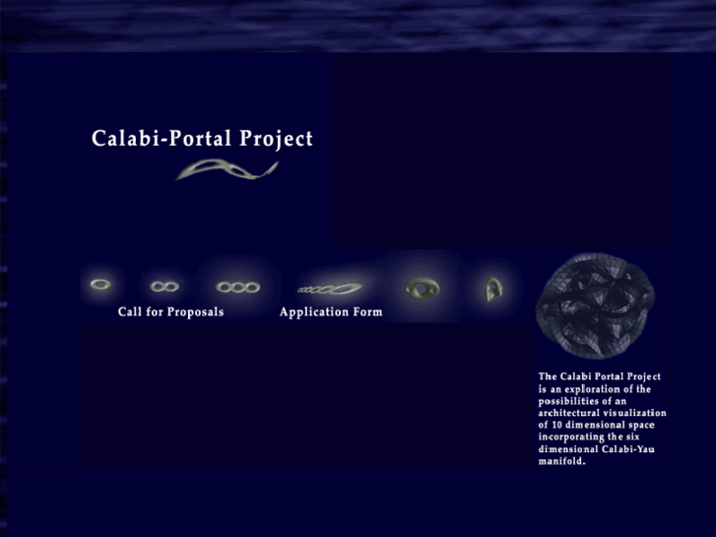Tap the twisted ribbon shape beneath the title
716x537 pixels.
coord(227,170)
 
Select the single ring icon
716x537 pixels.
coord(100,285)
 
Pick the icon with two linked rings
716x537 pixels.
coord(164,286)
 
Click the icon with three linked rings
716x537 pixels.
coord(237,287)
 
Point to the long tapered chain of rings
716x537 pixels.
coord(330,289)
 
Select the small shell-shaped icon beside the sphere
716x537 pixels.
coord(492,288)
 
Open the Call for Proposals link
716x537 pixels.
coord(170,312)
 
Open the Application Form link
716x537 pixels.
coord(331,312)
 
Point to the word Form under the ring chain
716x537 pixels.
coord(365,312)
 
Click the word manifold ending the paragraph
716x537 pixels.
coord(561,460)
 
